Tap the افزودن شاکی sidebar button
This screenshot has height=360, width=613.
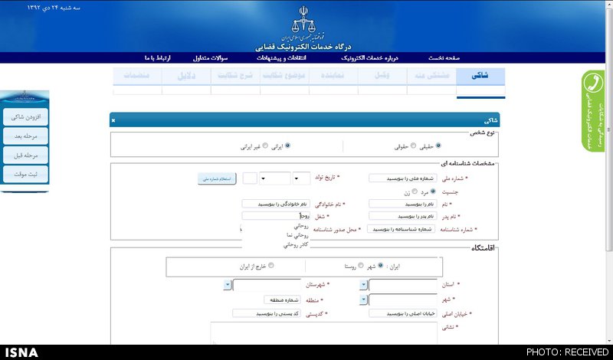25,117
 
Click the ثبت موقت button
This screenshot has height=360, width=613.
25,175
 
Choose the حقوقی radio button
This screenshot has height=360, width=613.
413,146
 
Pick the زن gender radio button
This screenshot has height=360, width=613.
415,191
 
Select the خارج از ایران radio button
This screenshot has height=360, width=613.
271,267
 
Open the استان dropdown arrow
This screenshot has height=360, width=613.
363,285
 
